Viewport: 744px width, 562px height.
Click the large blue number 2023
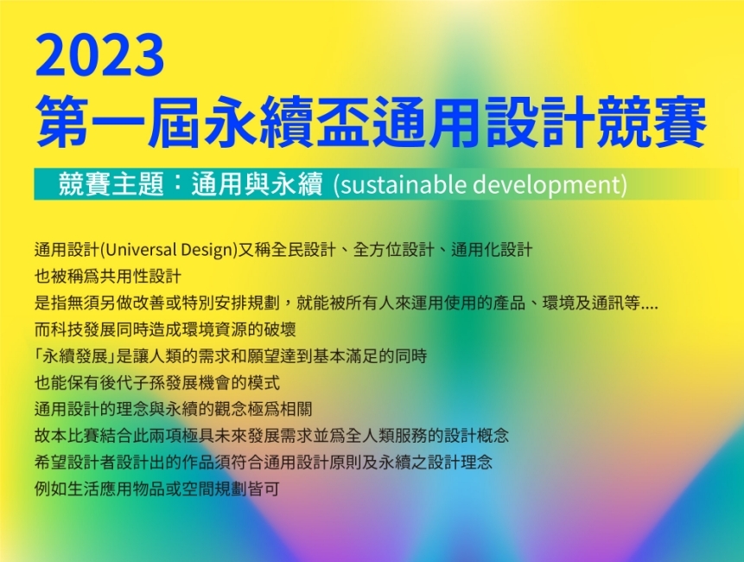(x=99, y=54)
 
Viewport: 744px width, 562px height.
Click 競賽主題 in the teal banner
(x=111, y=183)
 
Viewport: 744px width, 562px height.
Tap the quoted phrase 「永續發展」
(x=75, y=356)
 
